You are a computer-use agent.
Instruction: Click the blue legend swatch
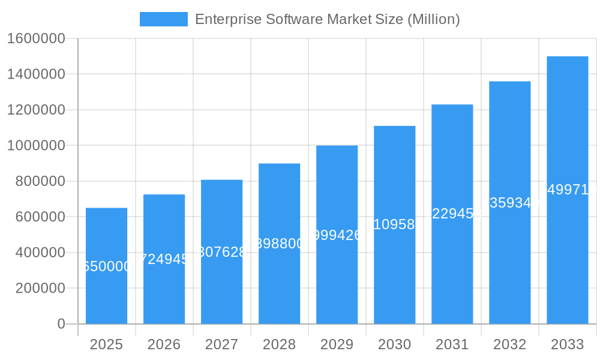click(x=163, y=19)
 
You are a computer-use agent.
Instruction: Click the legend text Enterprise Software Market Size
click(x=328, y=19)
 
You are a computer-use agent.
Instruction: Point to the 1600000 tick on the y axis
click(x=35, y=38)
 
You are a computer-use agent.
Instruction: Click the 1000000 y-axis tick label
click(x=35, y=145)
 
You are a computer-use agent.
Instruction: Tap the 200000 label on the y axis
click(x=40, y=288)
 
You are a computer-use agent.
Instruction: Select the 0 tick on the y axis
click(x=61, y=324)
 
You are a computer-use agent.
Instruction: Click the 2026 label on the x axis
click(x=164, y=344)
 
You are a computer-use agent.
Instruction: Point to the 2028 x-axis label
click(x=279, y=344)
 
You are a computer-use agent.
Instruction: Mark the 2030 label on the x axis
click(x=394, y=344)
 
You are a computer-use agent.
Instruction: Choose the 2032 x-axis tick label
click(x=509, y=344)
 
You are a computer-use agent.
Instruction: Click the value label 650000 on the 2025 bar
click(x=106, y=266)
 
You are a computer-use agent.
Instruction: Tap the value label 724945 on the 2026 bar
click(x=164, y=259)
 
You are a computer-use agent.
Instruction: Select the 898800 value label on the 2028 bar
click(x=279, y=243)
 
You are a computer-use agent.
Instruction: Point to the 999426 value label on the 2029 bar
click(x=337, y=235)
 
